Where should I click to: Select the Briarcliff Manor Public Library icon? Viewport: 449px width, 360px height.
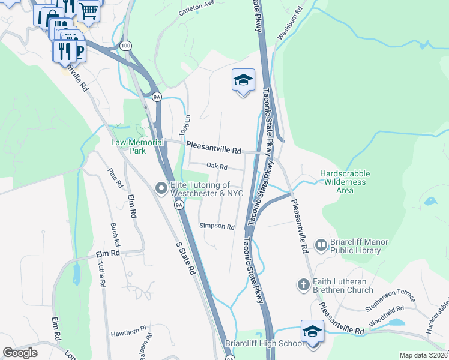pos(321,244)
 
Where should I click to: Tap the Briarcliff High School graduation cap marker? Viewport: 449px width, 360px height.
pos(312,331)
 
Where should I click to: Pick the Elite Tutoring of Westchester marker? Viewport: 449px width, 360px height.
pos(161,188)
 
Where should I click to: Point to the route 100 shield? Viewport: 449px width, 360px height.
pos(125,46)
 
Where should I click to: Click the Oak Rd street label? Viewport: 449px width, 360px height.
pos(217,167)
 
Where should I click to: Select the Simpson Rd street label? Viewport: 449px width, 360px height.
pos(217,226)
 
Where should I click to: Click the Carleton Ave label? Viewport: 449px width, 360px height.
pos(196,8)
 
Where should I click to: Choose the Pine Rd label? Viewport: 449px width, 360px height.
pos(115,178)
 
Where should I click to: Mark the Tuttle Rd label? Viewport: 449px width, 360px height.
pos(102,274)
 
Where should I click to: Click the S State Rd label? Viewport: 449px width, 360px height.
pos(185,259)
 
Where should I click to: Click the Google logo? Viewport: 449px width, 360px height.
pos(20,352)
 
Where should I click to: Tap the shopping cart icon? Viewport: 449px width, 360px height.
pos(88,10)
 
